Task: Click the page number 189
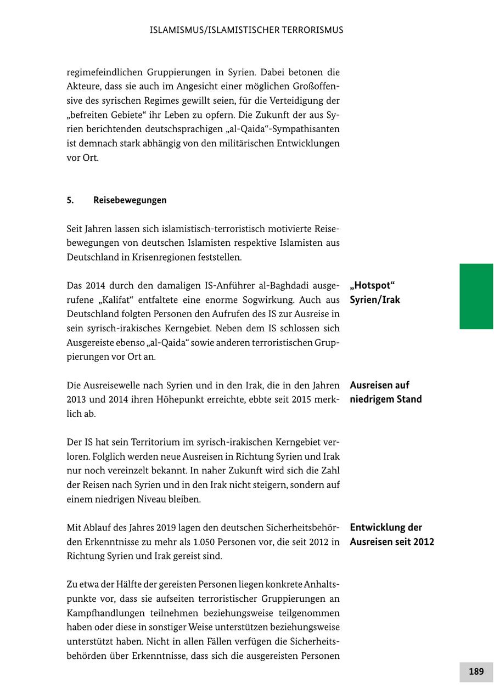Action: coord(476,671)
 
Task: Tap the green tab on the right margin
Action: coord(476,296)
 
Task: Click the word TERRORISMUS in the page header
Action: coord(311,30)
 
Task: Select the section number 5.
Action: coord(70,200)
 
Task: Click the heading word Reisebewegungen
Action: coord(130,200)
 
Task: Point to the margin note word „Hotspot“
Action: coord(372,286)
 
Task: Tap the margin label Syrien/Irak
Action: coord(374,300)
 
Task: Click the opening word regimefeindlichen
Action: coord(104,72)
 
